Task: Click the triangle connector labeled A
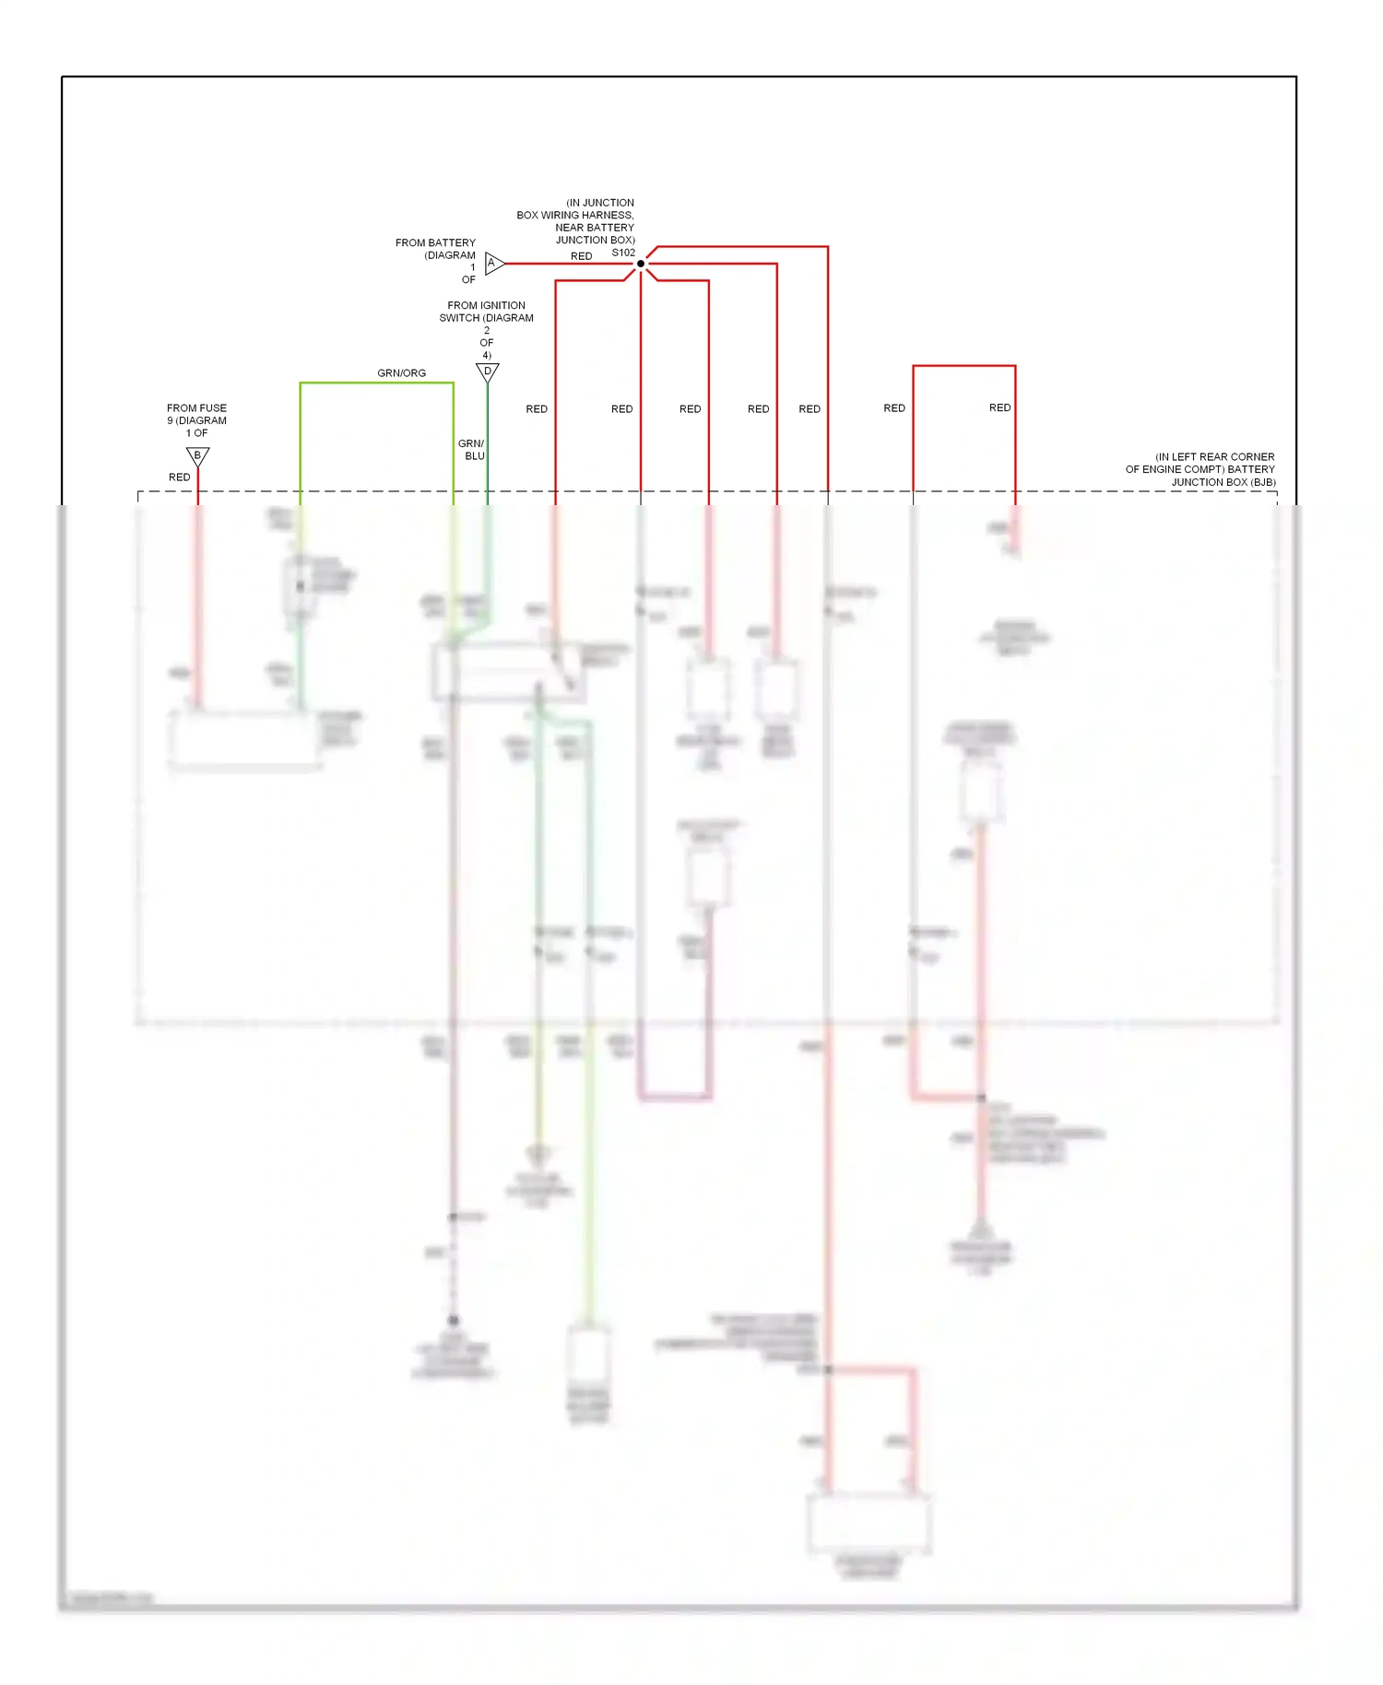(493, 264)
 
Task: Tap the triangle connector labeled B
(197, 455)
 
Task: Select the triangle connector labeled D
(487, 371)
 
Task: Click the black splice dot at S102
(641, 264)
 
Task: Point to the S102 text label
(623, 253)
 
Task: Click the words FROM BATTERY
(435, 243)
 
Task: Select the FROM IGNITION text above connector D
(486, 305)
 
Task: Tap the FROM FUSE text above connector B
(196, 408)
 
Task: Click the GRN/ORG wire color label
(401, 373)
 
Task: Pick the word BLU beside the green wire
(475, 456)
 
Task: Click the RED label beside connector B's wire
(179, 477)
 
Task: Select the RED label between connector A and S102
(581, 256)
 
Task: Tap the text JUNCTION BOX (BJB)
(1223, 482)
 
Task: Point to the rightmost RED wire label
(999, 407)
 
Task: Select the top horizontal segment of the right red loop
(963, 367)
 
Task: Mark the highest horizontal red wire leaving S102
(742, 247)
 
